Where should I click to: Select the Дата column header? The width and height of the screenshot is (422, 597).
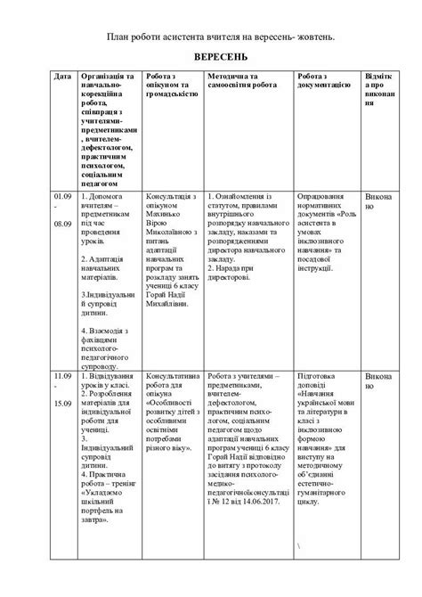(x=62, y=77)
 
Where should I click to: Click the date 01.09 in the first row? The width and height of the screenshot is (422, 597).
(x=61, y=194)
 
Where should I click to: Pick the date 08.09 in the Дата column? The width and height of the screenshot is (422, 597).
(x=61, y=225)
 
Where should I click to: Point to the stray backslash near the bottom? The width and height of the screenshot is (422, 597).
(x=302, y=545)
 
